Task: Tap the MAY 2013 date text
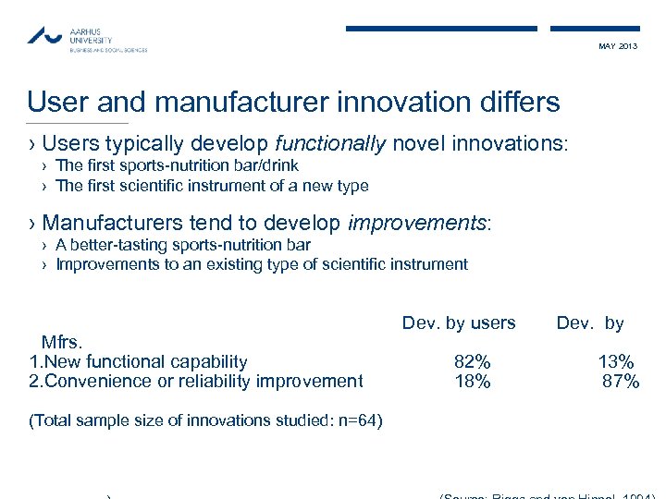pyautogui.click(x=618, y=46)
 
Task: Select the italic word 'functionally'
pyautogui.click(x=329, y=143)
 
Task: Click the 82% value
pyautogui.click(x=472, y=361)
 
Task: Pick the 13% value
pyautogui.click(x=616, y=361)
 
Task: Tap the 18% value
pyautogui.click(x=472, y=381)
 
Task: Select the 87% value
pyautogui.click(x=620, y=381)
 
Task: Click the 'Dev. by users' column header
pyautogui.click(x=459, y=323)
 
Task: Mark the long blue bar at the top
pyautogui.click(x=441, y=29)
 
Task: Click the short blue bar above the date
pyautogui.click(x=595, y=29)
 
